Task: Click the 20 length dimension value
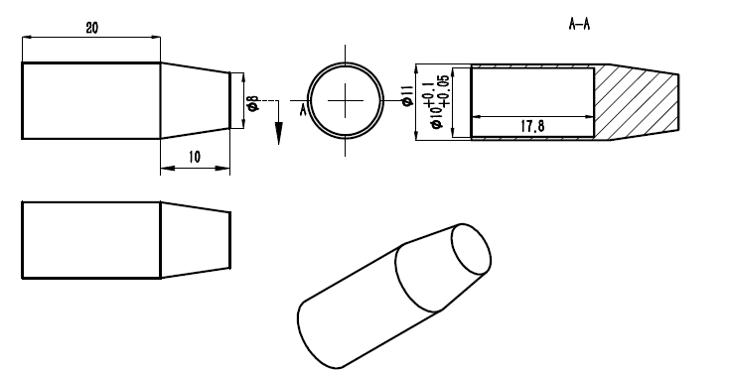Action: (x=92, y=28)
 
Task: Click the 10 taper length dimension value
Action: (x=195, y=157)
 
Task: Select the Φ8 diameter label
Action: (x=253, y=103)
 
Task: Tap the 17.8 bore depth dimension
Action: (x=532, y=126)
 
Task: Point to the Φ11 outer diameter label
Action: (x=407, y=95)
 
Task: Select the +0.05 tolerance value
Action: (x=443, y=91)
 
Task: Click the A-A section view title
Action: (x=579, y=24)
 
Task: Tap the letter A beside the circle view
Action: (x=303, y=110)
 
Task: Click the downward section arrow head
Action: (x=278, y=133)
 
